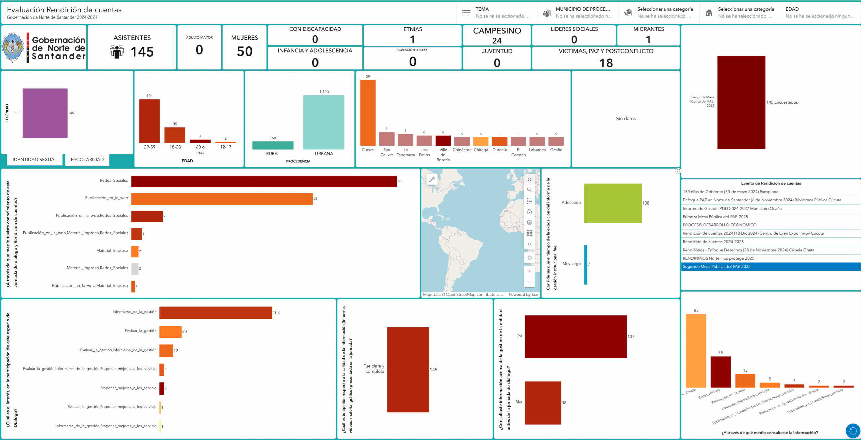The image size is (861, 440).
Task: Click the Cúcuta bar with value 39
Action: (x=368, y=113)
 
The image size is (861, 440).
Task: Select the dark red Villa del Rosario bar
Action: (x=443, y=141)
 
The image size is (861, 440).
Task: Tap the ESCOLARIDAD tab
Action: (x=87, y=160)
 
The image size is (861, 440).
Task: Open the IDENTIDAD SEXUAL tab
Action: (x=35, y=160)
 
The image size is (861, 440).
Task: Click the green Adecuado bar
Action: (x=612, y=203)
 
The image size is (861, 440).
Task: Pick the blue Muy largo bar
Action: (x=586, y=264)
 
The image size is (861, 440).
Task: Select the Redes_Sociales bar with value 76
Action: (x=264, y=181)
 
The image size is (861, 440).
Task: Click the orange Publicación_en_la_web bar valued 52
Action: (x=222, y=199)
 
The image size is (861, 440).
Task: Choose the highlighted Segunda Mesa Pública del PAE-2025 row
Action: (x=770, y=267)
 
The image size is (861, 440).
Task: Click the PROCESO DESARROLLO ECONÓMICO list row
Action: (x=770, y=225)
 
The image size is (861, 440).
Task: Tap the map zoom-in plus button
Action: (x=529, y=271)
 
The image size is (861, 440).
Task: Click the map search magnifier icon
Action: (x=529, y=190)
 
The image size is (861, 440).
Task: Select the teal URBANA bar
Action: (x=324, y=122)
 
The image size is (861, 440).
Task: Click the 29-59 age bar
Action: (x=149, y=121)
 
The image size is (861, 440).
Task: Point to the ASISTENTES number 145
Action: (x=142, y=52)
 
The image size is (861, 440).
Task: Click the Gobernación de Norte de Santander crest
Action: (x=13, y=48)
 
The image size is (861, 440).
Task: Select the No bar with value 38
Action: (x=543, y=403)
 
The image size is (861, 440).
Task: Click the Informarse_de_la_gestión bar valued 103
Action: (x=216, y=313)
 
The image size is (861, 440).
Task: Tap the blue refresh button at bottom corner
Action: (x=853, y=431)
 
